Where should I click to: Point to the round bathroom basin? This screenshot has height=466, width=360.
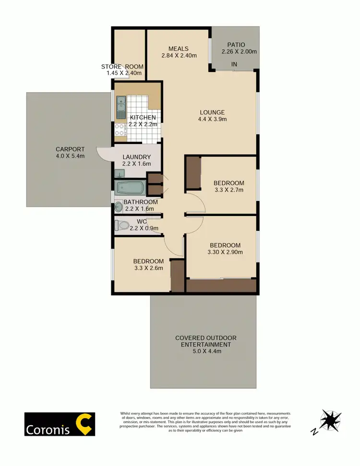tap(119, 207)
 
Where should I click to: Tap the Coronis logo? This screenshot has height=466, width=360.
tap(60, 424)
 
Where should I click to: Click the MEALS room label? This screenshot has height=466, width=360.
tap(178, 48)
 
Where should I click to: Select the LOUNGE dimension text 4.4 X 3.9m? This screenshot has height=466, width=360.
tap(213, 119)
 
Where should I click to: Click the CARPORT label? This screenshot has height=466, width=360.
tap(70, 149)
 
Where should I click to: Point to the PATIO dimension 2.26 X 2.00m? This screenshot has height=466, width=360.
tap(239, 52)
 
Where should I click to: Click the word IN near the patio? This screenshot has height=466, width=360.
tap(234, 64)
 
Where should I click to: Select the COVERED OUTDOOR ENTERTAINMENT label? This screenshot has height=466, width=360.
tap(205, 341)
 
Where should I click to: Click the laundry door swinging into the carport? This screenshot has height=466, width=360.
tap(104, 154)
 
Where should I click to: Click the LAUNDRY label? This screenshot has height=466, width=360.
tap(136, 157)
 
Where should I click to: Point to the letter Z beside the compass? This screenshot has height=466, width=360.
tap(315, 431)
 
